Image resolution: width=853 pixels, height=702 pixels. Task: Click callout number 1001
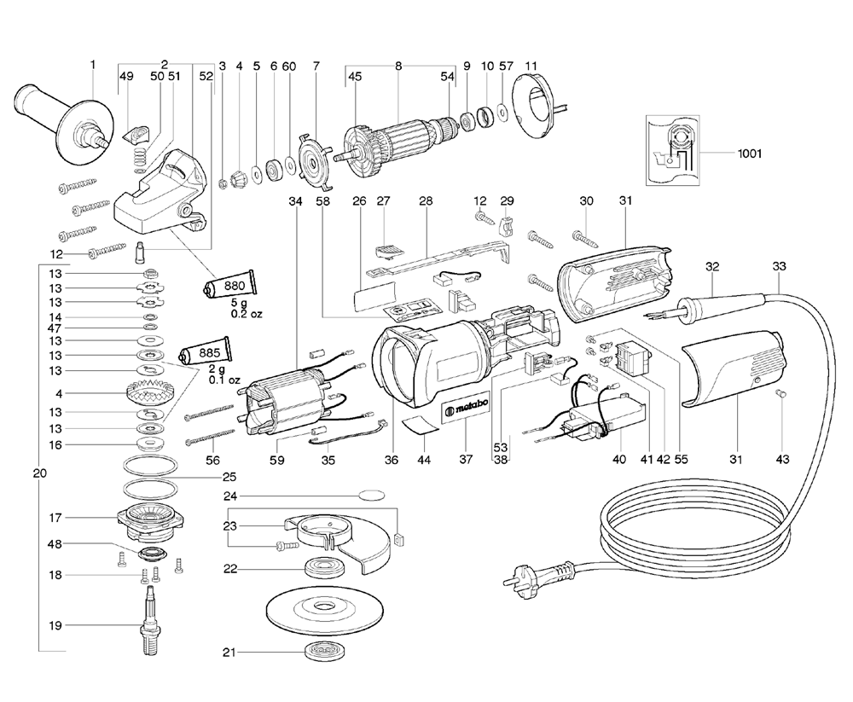tap(750, 154)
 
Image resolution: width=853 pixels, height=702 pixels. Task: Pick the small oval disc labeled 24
tap(371, 494)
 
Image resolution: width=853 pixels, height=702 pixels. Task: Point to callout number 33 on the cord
tap(779, 266)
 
